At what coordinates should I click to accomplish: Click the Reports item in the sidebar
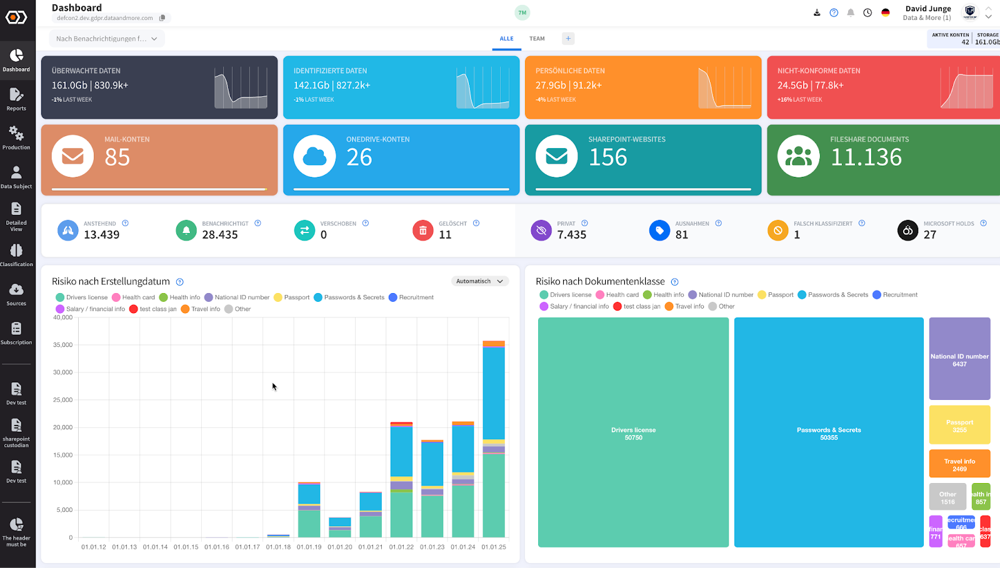pyautogui.click(x=16, y=99)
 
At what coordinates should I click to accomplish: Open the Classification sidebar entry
pyautogui.click(x=16, y=255)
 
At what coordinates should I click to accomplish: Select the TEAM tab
pyautogui.click(x=537, y=39)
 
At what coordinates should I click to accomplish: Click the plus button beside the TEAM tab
pyautogui.click(x=568, y=39)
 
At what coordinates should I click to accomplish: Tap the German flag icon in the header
pyautogui.click(x=886, y=12)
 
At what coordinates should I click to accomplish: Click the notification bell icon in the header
pyautogui.click(x=851, y=12)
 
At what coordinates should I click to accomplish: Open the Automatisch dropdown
pyautogui.click(x=479, y=281)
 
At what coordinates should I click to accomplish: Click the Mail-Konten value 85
pyautogui.click(x=117, y=157)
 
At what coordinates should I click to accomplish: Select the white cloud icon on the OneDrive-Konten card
pyautogui.click(x=314, y=156)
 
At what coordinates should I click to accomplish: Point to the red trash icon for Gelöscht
pyautogui.click(x=422, y=231)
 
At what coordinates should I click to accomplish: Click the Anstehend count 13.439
pyautogui.click(x=102, y=235)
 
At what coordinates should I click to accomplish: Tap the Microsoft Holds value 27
pyautogui.click(x=930, y=235)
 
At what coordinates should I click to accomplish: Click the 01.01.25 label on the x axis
pyautogui.click(x=494, y=547)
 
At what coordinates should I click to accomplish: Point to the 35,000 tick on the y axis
pyautogui.click(x=62, y=345)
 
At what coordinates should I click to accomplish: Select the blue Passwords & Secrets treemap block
pyautogui.click(x=829, y=432)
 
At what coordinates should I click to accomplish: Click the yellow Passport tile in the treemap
pyautogui.click(x=959, y=425)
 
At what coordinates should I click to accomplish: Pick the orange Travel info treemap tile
pyautogui.click(x=959, y=464)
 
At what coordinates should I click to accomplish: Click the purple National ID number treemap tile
pyautogui.click(x=959, y=359)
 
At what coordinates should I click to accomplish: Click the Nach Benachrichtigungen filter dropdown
pyautogui.click(x=107, y=39)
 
